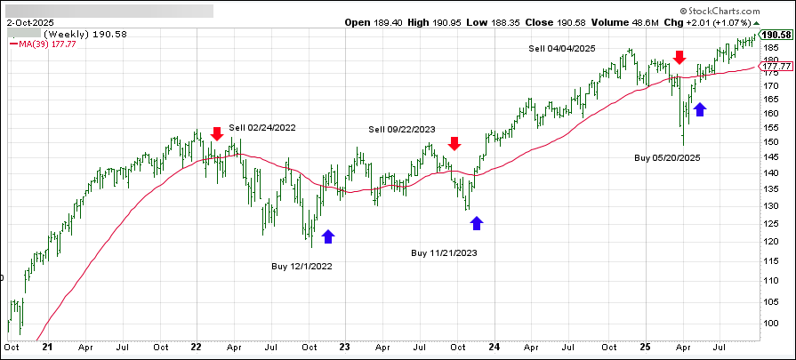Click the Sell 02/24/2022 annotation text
click(x=262, y=128)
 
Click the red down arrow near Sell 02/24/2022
click(x=217, y=134)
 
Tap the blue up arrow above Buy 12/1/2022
click(x=328, y=236)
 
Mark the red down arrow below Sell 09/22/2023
click(x=454, y=143)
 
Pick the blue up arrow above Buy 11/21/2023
click(x=477, y=222)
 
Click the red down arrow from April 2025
click(x=679, y=58)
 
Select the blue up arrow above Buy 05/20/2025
click(x=700, y=108)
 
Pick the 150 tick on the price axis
click(x=773, y=142)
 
